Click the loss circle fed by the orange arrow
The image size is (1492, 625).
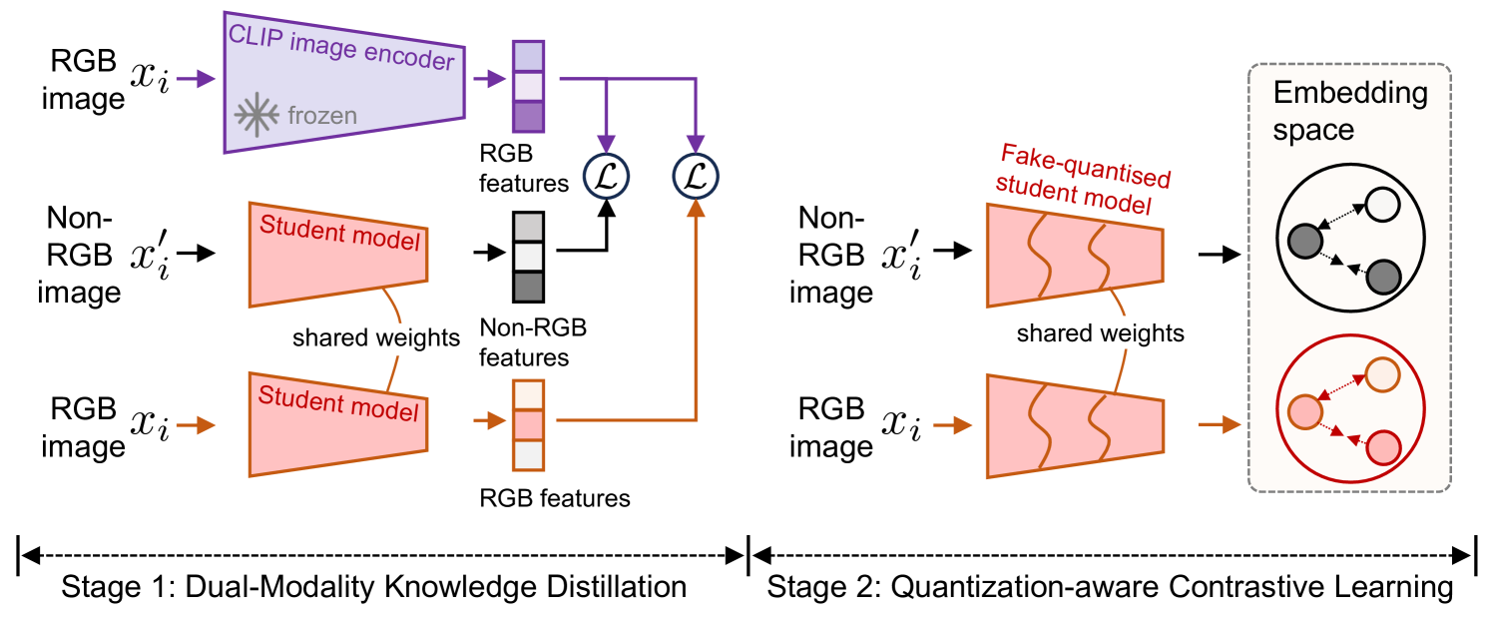695,176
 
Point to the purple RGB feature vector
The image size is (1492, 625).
527,86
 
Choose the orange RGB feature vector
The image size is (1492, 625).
527,423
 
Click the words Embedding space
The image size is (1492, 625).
1349,111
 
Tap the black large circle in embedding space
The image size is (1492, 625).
1349,242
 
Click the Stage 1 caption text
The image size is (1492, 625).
373,586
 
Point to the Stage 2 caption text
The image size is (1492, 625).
1110,586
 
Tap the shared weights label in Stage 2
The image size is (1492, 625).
1100,332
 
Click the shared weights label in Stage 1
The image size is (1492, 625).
375,337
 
